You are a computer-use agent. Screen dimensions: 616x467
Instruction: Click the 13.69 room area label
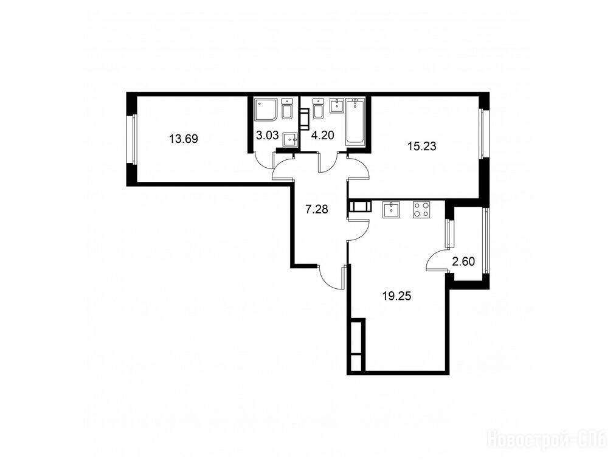tap(183, 139)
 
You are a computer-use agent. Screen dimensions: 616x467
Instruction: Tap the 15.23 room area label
tap(422, 147)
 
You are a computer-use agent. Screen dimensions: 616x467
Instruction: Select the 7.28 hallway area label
tap(317, 209)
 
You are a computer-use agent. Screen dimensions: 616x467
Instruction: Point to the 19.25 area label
tap(397, 296)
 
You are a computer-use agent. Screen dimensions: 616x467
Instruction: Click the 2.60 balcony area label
tap(464, 261)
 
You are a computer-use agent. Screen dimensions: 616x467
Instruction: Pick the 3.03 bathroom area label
tap(267, 136)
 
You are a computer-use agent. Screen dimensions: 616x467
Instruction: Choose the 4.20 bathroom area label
tap(322, 136)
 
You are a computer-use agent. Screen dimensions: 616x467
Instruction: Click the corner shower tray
tap(266, 109)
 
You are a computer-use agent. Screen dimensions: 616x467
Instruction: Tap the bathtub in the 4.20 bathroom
tap(355, 122)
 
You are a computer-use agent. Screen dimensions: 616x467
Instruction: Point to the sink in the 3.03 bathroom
tap(291, 139)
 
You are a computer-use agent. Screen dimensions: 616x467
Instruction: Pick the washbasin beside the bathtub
tap(337, 105)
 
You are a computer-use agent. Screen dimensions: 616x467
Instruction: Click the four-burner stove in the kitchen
tap(421, 209)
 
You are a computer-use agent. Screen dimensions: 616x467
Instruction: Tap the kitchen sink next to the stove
tap(391, 209)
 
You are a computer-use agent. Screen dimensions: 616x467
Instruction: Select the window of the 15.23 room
tap(483, 134)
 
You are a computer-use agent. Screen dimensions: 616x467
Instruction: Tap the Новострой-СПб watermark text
tap(547, 439)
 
